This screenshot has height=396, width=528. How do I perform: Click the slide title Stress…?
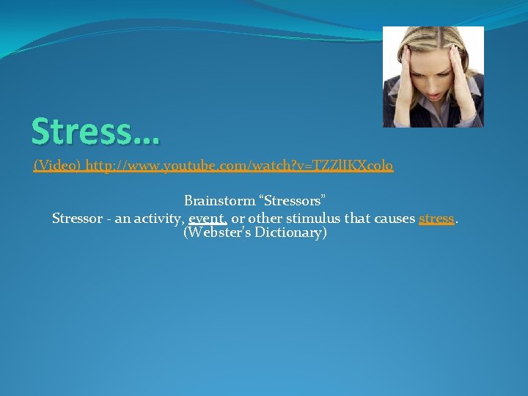95,132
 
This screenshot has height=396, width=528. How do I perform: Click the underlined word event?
208,218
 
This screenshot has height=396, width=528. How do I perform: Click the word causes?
393,218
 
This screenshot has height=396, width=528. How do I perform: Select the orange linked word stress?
436,218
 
